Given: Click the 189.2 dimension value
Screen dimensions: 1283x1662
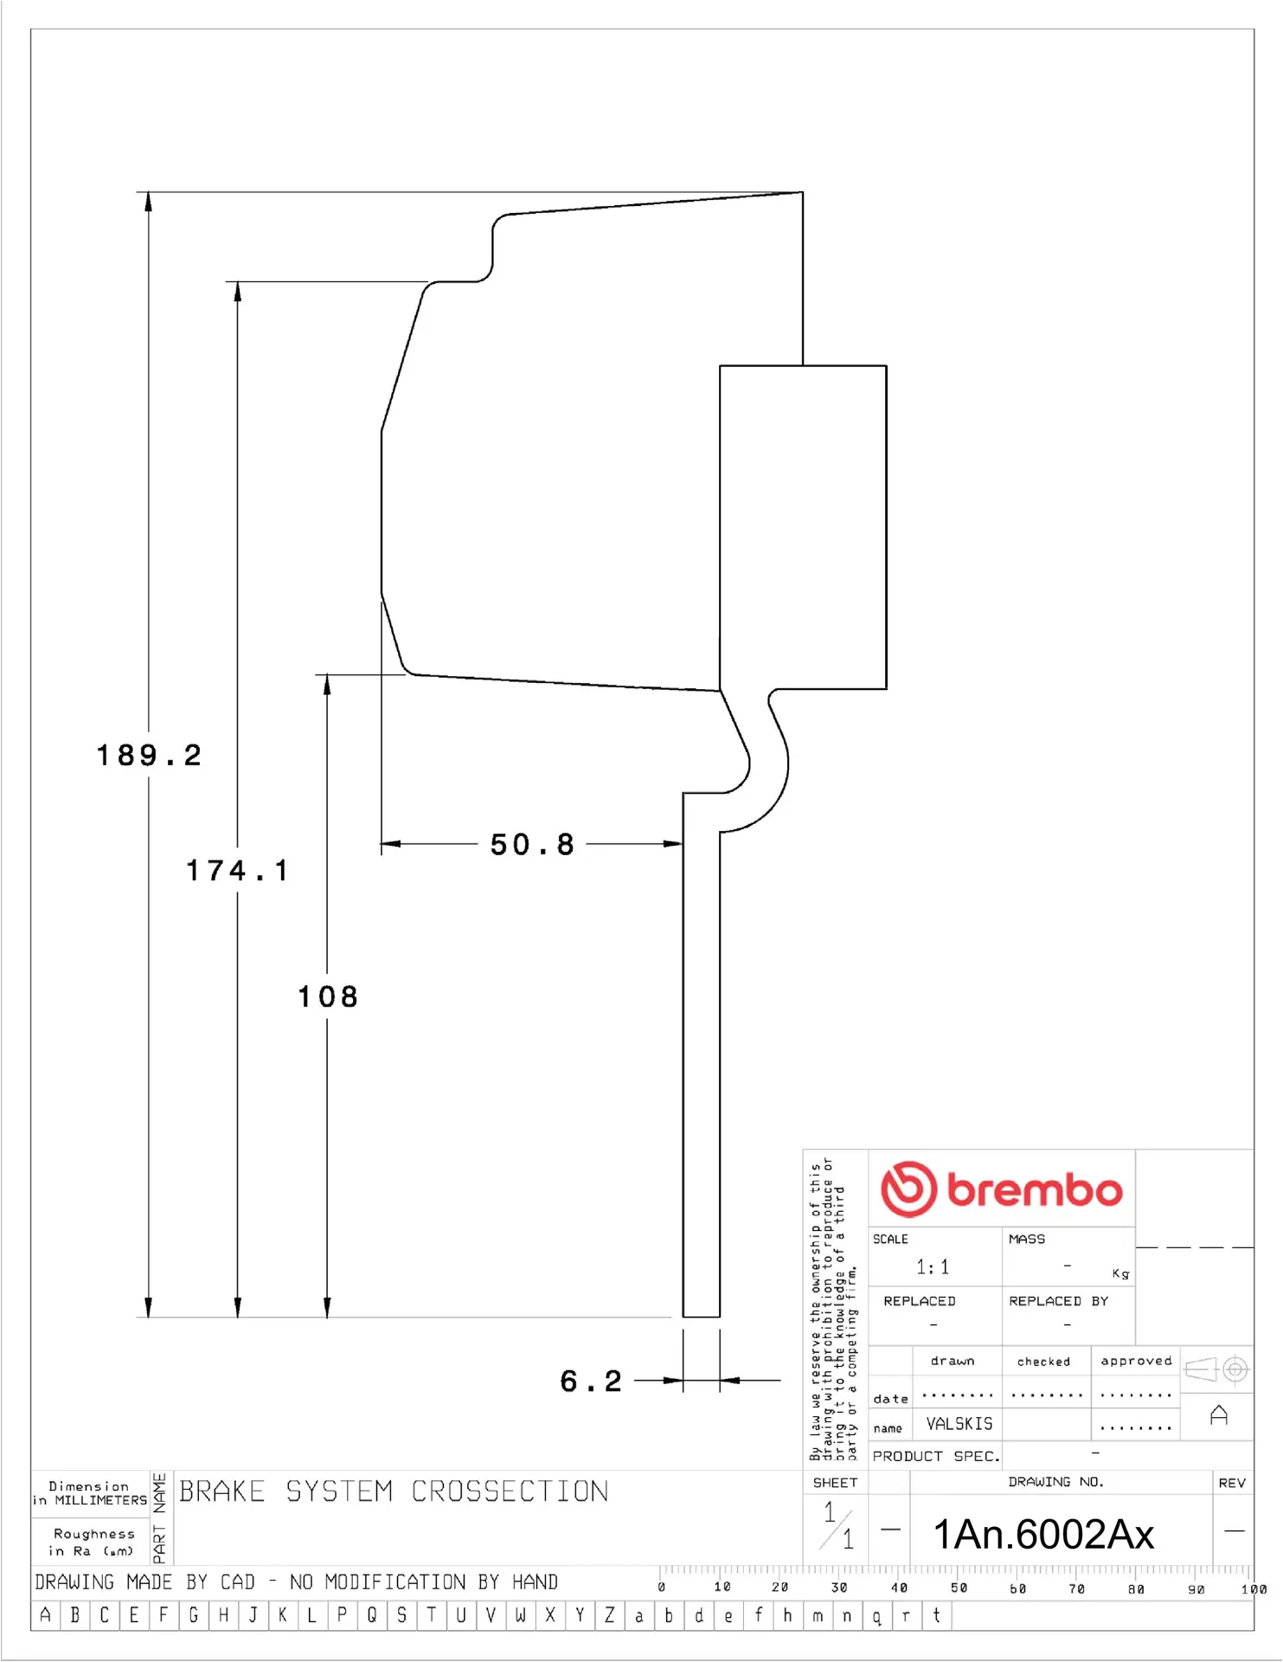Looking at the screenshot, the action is coord(149,756).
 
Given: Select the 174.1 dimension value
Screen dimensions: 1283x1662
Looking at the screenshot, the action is coord(238,871).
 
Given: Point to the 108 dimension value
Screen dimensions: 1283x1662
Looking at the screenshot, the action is coord(328,997).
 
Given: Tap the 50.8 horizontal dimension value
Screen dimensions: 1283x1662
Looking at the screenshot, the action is coord(532,845).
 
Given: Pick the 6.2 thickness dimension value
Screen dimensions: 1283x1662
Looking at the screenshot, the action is coord(591,1382).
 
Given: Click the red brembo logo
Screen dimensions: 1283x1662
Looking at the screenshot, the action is coord(1002,1189).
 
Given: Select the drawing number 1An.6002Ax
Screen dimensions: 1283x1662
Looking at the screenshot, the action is coord(1043,1535).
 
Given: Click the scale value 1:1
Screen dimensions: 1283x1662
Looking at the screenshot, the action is coord(933,1267).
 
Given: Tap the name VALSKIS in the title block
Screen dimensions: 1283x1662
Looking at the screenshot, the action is coord(959,1424).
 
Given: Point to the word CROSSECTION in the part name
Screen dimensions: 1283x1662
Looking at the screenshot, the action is coord(510,1491).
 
